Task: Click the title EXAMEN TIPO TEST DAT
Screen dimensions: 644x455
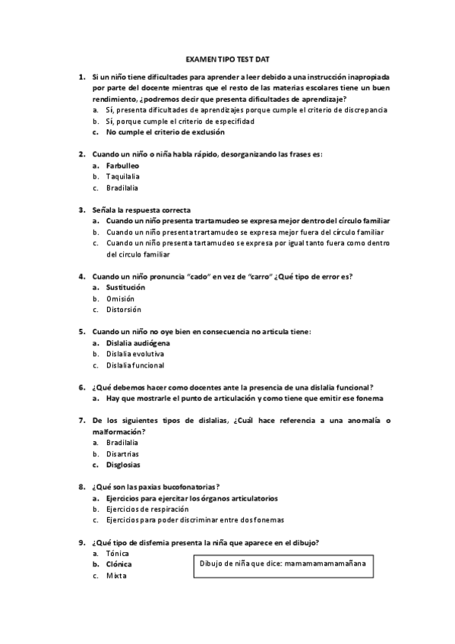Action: point(228,58)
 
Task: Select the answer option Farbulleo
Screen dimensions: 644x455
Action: point(122,166)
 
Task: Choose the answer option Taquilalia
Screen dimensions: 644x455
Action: point(123,177)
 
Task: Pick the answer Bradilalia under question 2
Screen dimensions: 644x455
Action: point(122,188)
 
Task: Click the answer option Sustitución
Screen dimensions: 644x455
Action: point(126,288)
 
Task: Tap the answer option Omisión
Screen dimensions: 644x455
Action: point(121,298)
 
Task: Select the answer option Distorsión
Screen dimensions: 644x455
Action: point(124,310)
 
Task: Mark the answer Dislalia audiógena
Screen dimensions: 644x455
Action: point(138,343)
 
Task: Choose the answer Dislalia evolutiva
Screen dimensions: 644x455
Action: point(135,354)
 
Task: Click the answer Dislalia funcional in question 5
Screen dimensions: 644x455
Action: point(135,365)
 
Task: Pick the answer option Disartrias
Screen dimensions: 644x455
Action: point(123,453)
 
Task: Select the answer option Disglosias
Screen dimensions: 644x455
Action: point(123,465)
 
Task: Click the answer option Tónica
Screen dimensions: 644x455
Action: point(118,554)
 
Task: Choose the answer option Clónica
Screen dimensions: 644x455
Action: point(119,564)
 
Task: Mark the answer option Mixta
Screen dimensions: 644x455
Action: point(117,576)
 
